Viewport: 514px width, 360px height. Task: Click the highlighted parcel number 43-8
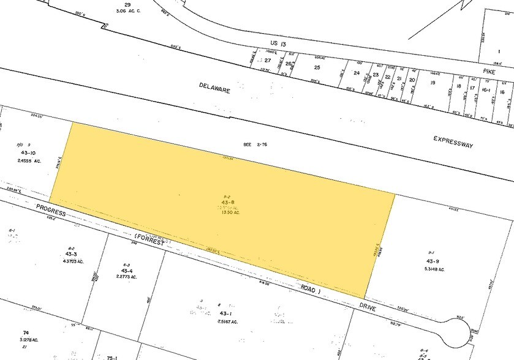click(227, 203)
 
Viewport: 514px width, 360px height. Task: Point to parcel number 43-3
click(72, 253)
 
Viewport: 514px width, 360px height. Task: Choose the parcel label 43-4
click(127, 271)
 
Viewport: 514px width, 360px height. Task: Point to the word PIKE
click(488, 72)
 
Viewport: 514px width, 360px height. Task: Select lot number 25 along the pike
click(317, 67)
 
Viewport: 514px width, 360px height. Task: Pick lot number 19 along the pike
click(433, 83)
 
